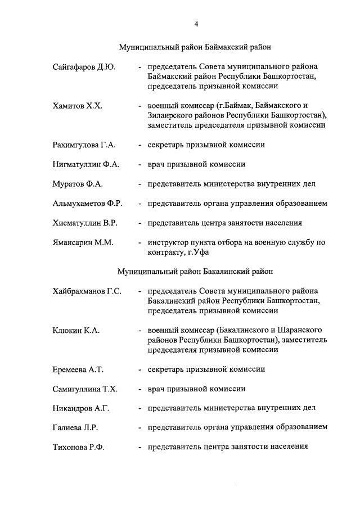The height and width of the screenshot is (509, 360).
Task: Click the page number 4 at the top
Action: (x=195, y=24)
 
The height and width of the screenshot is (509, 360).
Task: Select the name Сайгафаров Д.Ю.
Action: (x=84, y=67)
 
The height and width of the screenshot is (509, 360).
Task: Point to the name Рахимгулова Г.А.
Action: (x=84, y=145)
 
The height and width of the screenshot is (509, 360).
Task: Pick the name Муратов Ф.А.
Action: (x=76, y=183)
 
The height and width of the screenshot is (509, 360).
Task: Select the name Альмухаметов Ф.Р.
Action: (x=87, y=203)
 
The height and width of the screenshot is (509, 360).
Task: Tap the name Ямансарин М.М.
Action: (x=83, y=242)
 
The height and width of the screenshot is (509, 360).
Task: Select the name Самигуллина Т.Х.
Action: (x=85, y=388)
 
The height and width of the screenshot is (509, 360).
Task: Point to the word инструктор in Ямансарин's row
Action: (x=169, y=242)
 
